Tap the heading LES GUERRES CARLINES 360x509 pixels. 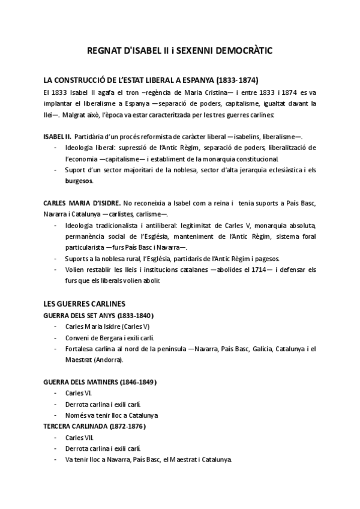(84, 304)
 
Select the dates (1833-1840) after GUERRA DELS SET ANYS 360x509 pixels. (135, 315)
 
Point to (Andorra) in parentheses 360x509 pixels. (109, 360)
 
